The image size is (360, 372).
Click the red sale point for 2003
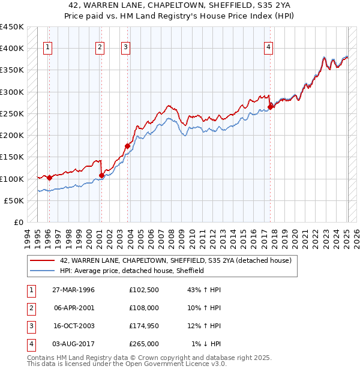point(128,145)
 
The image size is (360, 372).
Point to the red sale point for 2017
point(270,106)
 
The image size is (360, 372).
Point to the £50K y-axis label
point(14,200)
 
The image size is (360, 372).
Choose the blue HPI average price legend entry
point(132,271)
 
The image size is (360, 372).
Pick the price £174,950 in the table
point(144,326)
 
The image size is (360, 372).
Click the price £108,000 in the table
point(144,308)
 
